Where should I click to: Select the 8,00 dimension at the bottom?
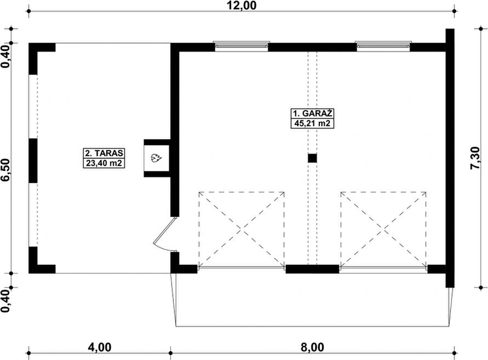[x=313, y=347]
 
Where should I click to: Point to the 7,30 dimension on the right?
[x=475, y=158]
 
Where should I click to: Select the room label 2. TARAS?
[x=104, y=153]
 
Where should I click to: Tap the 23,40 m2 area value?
[x=104, y=163]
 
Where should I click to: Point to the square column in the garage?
[x=313, y=158]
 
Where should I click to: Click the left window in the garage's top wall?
[x=242, y=46]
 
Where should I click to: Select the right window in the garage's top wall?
[x=383, y=46]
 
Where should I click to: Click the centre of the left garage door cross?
[x=242, y=230]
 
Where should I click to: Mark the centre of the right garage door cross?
[x=383, y=230]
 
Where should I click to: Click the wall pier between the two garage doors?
[x=313, y=269]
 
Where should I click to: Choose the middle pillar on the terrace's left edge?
[x=33, y=161]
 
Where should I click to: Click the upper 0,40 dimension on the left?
[x=5, y=56]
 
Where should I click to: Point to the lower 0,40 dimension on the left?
[x=5, y=301]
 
